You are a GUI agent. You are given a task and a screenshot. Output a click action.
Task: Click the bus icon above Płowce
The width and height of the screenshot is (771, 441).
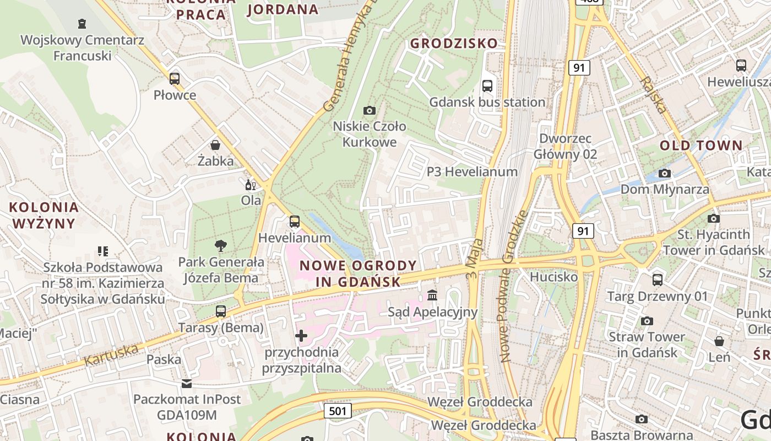tap(175, 79)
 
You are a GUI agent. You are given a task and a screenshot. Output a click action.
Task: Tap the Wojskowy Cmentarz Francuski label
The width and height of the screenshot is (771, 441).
tap(82, 48)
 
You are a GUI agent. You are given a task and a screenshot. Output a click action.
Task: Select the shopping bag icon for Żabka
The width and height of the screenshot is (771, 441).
tap(215, 145)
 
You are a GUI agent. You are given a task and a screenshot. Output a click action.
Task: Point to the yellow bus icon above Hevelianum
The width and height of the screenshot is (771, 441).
tap(295, 222)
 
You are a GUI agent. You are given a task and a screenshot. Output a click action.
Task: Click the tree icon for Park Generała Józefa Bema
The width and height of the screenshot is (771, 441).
tap(221, 246)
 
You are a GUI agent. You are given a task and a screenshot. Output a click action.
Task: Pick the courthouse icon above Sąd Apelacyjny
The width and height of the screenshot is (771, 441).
tap(432, 296)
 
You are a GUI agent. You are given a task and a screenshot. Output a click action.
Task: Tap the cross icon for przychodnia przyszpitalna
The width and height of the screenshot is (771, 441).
tap(301, 335)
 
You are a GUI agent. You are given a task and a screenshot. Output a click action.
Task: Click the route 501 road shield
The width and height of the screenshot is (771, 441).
tap(338, 411)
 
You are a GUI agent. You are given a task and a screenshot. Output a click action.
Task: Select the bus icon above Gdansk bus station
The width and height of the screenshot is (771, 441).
tap(487, 85)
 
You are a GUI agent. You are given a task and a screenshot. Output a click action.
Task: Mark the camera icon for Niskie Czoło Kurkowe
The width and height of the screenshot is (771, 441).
tap(370, 110)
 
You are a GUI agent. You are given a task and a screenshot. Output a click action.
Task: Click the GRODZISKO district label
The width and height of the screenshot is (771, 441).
tap(454, 43)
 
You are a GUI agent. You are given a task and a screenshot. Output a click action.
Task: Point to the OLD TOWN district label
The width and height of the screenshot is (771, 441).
tap(701, 146)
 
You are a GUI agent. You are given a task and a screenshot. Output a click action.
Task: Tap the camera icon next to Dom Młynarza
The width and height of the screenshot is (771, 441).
tap(665, 173)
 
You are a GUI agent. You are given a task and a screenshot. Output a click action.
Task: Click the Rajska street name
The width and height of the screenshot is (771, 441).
tap(654, 95)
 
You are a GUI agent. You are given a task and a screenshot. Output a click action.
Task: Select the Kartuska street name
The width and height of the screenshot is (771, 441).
tap(111, 354)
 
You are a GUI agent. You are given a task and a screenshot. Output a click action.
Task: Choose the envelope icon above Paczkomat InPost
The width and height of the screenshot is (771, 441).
tap(187, 383)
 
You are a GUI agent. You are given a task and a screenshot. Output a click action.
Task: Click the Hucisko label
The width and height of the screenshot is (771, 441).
tap(553, 277)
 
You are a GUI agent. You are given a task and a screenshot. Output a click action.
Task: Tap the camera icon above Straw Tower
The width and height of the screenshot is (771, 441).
tap(647, 321)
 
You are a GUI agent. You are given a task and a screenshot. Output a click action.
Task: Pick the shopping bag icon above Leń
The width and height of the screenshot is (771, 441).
tap(719, 341)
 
